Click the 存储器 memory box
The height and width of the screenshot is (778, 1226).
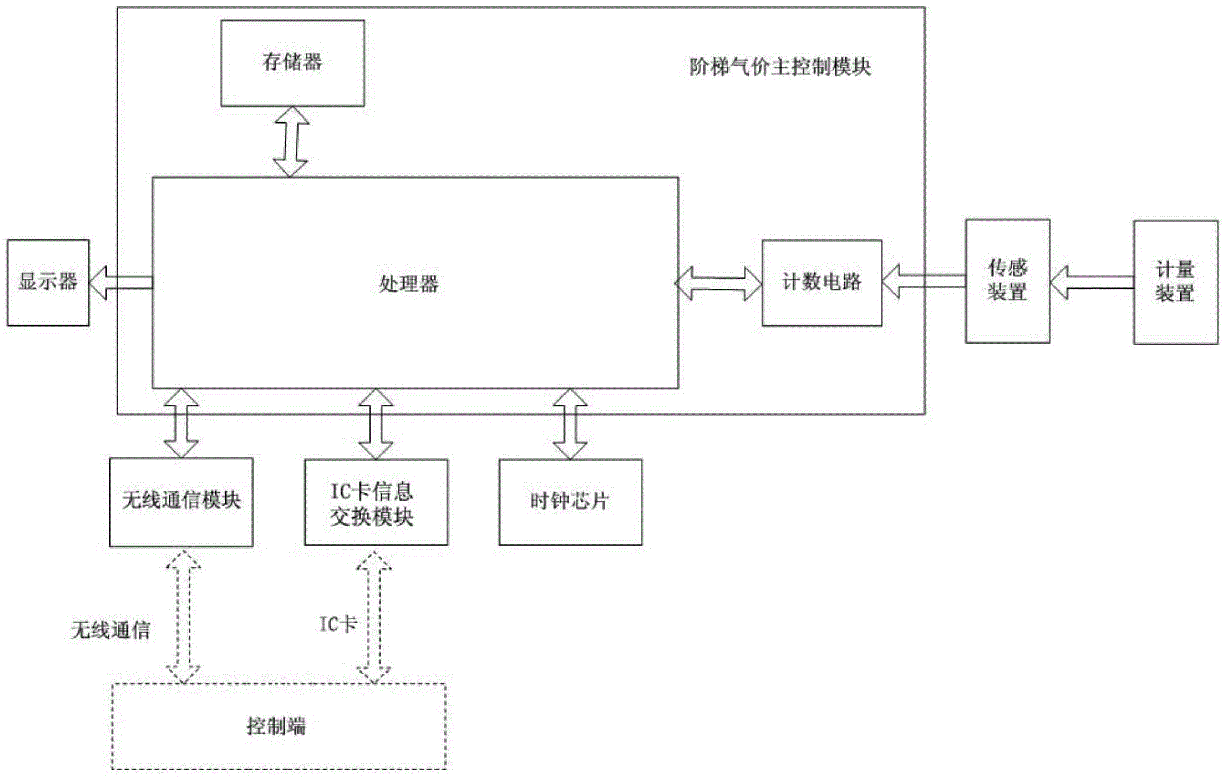292,63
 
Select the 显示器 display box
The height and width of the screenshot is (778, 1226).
48,282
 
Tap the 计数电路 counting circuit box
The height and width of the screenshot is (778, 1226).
821,282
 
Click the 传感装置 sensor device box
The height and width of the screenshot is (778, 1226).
1007,281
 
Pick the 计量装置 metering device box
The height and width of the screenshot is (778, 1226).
1175,282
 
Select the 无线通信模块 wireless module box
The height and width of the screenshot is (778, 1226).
181,502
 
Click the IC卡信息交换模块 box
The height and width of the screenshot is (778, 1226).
376,502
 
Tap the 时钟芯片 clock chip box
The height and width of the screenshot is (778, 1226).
570,502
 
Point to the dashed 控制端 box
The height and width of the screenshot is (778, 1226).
279,726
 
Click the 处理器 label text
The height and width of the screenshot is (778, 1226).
409,285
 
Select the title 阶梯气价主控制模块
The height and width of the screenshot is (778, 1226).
780,67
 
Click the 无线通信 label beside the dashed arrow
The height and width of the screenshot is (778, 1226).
111,630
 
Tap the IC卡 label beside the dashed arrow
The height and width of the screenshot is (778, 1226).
338,625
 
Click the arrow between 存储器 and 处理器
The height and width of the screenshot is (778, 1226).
291,142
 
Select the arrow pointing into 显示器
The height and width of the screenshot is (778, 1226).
121,282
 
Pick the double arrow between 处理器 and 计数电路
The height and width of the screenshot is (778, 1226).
720,283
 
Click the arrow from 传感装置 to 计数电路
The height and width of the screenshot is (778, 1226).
923,282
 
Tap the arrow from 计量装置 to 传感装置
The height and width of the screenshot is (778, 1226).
1091,282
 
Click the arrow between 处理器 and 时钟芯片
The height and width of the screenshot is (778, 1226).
570,424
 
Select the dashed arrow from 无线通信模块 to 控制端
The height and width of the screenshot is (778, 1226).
183,616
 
